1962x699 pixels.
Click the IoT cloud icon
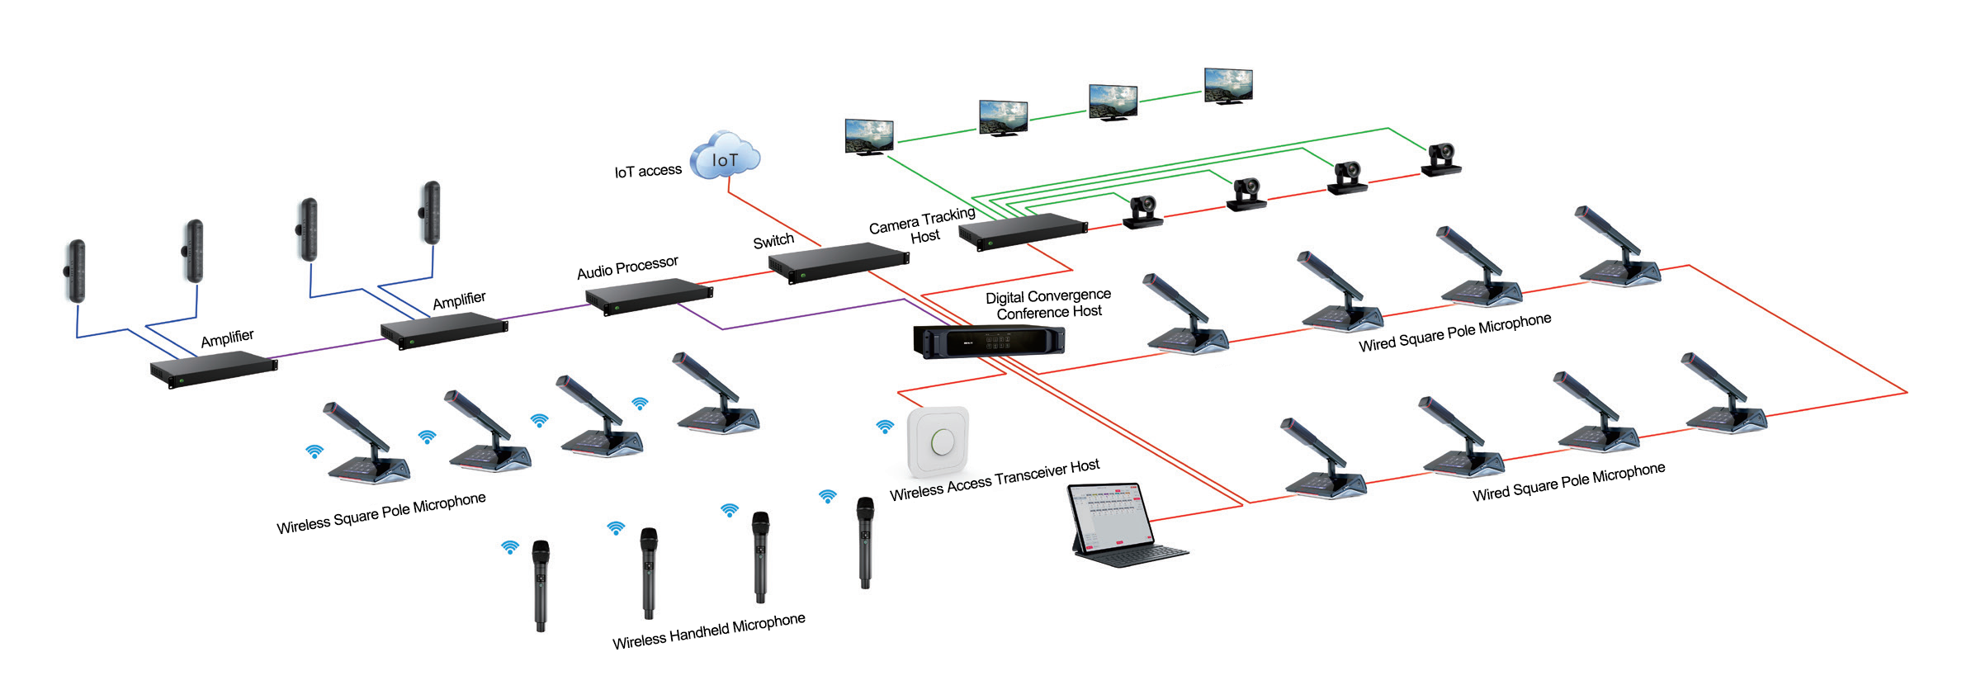pyautogui.click(x=725, y=156)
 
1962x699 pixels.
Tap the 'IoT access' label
pyautogui.click(x=648, y=171)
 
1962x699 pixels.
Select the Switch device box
pyautogui.click(x=838, y=262)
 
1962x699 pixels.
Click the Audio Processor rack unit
pyautogui.click(x=649, y=296)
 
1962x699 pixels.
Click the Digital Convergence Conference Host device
pyautogui.click(x=988, y=340)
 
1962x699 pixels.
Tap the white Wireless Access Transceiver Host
pyautogui.click(x=938, y=442)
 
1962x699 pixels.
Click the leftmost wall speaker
pyautogui.click(x=76, y=271)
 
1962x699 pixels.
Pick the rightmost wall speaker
pyautogui.click(x=431, y=212)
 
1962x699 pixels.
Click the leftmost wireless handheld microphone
pyautogui.click(x=541, y=584)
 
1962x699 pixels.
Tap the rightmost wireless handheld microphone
pyautogui.click(x=865, y=541)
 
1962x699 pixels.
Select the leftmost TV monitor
pyautogui.click(x=869, y=136)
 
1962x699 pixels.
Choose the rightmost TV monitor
pyautogui.click(x=1228, y=85)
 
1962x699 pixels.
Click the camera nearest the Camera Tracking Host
pyautogui.click(x=1144, y=212)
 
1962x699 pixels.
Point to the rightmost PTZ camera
pyautogui.click(x=1441, y=159)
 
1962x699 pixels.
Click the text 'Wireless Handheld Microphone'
pyautogui.click(x=708, y=631)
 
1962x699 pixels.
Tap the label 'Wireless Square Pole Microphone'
pyautogui.click(x=381, y=513)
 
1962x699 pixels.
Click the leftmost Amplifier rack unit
pyautogui.click(x=214, y=367)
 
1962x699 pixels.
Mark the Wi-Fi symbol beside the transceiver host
pyautogui.click(x=885, y=427)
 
